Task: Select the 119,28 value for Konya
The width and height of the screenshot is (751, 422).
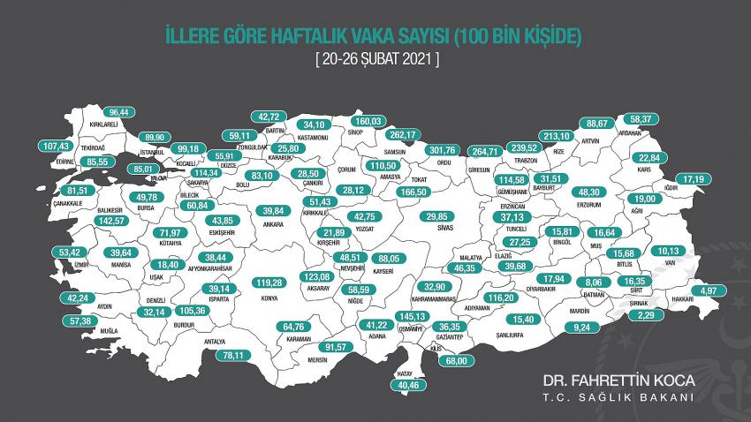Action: (x=268, y=283)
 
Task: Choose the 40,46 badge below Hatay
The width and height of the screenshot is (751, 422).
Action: (x=411, y=385)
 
